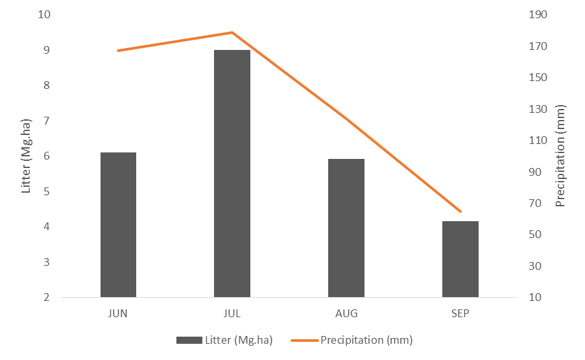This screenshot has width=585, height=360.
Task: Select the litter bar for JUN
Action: tap(118, 225)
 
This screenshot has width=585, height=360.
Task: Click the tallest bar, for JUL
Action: tap(232, 174)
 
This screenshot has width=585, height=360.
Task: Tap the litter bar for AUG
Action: tap(346, 228)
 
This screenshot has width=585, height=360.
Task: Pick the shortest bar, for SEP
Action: tap(460, 259)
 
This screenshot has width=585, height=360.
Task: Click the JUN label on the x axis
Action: tap(118, 313)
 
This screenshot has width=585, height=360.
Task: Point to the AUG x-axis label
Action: tap(346, 313)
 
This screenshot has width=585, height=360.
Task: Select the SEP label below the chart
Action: tap(460, 313)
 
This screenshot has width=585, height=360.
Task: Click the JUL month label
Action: tap(232, 313)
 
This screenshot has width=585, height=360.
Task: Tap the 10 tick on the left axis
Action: tap(44, 15)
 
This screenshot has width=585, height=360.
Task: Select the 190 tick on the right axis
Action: tap(540, 15)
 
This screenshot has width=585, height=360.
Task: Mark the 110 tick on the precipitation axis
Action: tap(540, 141)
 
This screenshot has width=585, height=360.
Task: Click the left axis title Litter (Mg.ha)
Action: tap(27, 156)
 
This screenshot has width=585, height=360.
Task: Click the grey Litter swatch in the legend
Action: tap(189, 340)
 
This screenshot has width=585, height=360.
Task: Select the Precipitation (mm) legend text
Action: tap(366, 340)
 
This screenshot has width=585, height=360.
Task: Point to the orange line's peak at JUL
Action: tap(232, 32)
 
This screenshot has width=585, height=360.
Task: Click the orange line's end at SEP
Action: tap(460, 211)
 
